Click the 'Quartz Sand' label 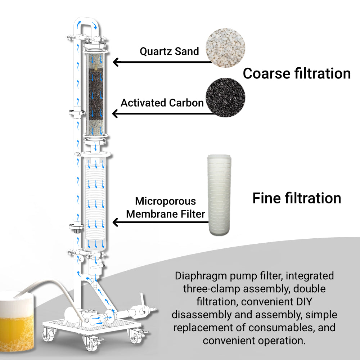click(169, 51)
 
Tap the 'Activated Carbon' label click(162, 103)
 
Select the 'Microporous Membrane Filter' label click(166, 208)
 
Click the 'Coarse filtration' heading click(297, 73)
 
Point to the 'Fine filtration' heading click(297, 198)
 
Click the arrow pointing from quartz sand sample click(162, 62)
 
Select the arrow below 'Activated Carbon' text click(162, 114)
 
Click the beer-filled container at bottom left click(18, 317)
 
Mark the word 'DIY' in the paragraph click(310, 302)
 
